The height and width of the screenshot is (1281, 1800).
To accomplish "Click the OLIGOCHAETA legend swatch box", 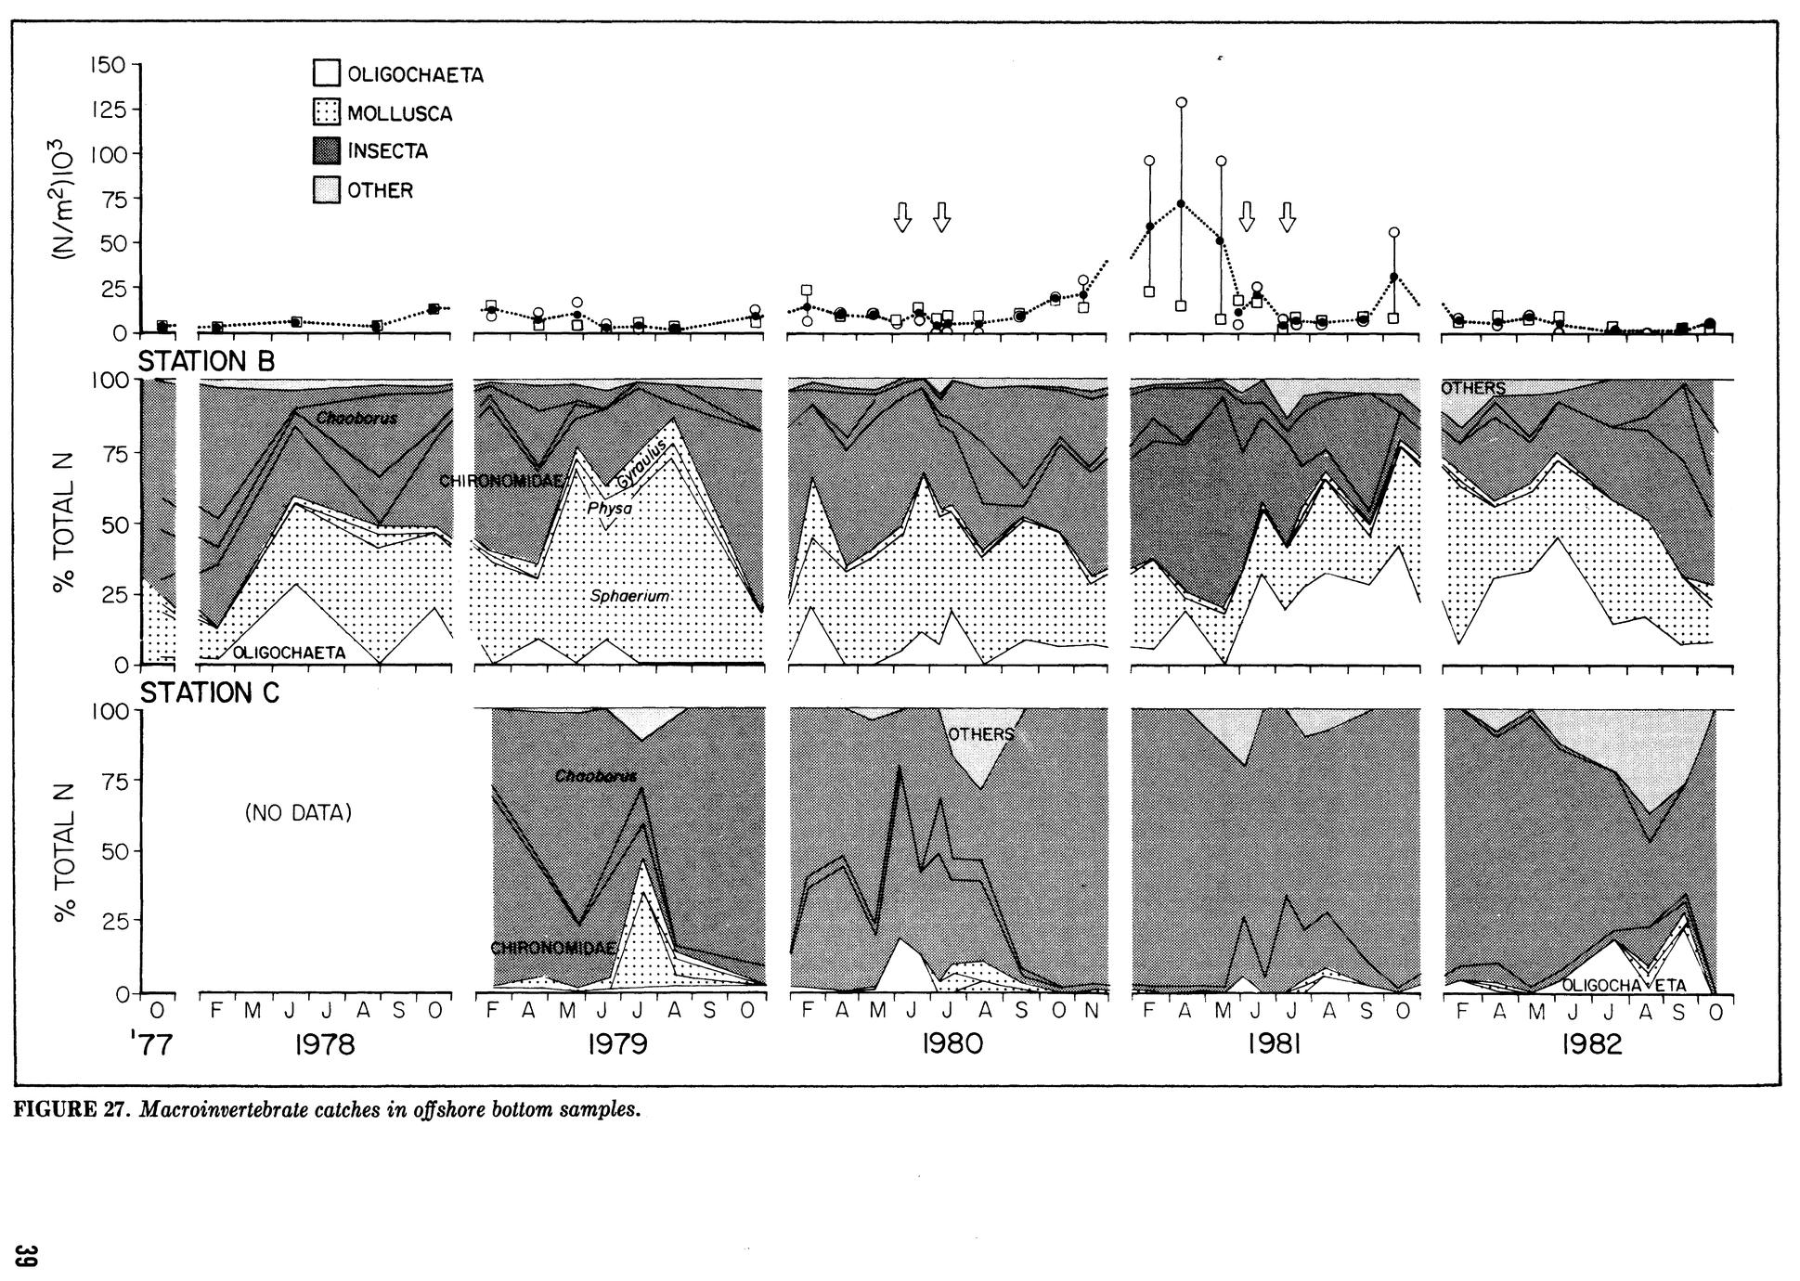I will coord(327,74).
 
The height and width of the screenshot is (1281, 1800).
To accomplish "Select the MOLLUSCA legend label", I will coord(399,114).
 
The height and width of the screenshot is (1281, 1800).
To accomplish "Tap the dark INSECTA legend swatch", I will coord(327,151).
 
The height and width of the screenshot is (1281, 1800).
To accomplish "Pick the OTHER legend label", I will coord(380,191).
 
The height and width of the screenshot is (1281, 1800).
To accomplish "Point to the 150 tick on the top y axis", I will coord(107,65).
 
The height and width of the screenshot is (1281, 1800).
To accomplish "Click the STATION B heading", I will coord(206,361).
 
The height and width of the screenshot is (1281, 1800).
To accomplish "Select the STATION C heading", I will coord(209,693).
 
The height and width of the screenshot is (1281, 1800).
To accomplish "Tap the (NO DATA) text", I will coord(298,813).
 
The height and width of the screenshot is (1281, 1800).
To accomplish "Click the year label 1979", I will coord(617,1045).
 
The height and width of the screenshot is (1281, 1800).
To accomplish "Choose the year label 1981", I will coord(1274,1045).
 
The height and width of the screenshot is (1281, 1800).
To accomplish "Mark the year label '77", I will coord(151,1045).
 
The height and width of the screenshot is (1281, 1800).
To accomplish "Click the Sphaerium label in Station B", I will coord(629,596).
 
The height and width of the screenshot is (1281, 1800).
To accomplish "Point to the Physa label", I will coord(609,509).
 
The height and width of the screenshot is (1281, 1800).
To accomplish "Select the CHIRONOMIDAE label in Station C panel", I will coord(552,948).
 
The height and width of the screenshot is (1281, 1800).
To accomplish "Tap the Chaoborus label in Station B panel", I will coord(356,418).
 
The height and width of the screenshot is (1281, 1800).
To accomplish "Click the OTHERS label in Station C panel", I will coord(980,734).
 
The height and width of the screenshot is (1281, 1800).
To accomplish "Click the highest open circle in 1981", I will coord(1181,102).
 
